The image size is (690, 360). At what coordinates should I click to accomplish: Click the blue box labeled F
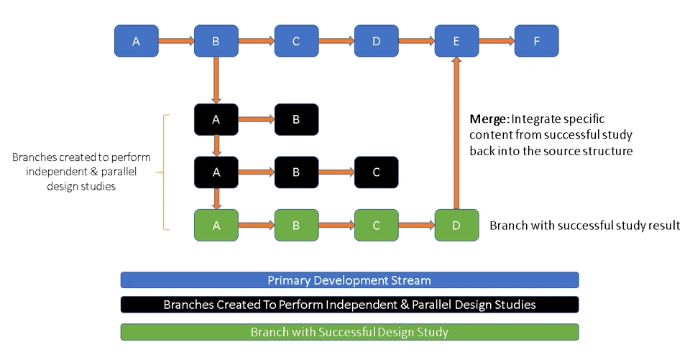tap(536, 41)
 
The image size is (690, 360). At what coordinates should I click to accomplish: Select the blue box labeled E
tap(456, 41)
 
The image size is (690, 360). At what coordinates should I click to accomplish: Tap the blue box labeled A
tap(137, 41)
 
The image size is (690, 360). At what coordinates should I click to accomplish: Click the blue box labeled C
tap(296, 41)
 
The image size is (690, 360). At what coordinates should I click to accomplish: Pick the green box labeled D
tap(456, 225)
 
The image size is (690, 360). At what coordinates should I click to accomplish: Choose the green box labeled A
tap(216, 225)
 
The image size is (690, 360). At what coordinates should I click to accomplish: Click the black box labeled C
tap(376, 173)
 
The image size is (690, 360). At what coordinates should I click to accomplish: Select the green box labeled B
tap(296, 225)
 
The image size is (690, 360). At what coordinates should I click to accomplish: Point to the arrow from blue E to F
tap(496, 41)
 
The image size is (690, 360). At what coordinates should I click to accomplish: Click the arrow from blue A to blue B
tap(176, 41)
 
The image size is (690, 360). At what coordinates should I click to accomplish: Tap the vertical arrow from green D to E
tap(456, 133)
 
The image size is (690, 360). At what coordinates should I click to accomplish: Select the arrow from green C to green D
tap(416, 225)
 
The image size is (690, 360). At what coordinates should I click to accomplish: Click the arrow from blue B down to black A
tap(216, 80)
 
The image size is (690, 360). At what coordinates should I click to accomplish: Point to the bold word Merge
tap(489, 119)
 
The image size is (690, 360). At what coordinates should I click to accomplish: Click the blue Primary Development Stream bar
tap(349, 280)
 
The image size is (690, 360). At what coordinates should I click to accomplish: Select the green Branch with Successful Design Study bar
tap(349, 332)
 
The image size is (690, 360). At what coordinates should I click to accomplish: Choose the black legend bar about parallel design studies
tap(349, 305)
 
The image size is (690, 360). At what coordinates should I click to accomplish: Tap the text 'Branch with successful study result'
tap(584, 226)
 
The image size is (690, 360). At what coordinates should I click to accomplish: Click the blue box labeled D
tap(376, 41)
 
